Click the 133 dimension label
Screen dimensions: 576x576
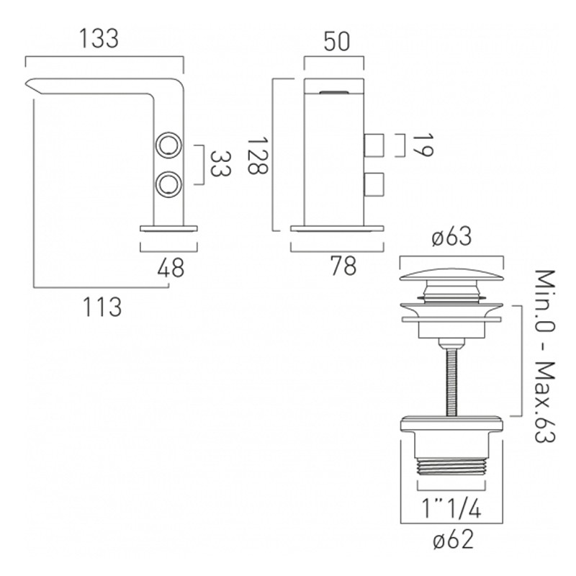pyautogui.click(x=99, y=39)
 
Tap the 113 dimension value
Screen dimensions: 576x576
pyautogui.click(x=102, y=307)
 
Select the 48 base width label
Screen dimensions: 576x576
pyautogui.click(x=171, y=268)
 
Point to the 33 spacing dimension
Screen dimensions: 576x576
pyautogui.click(x=221, y=164)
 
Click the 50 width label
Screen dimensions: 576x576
pyautogui.click(x=337, y=42)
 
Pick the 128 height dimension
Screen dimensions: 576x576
pyautogui.click(x=259, y=155)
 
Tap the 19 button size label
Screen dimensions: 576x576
pyautogui.click(x=423, y=145)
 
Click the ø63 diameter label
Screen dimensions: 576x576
pyautogui.click(x=451, y=237)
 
